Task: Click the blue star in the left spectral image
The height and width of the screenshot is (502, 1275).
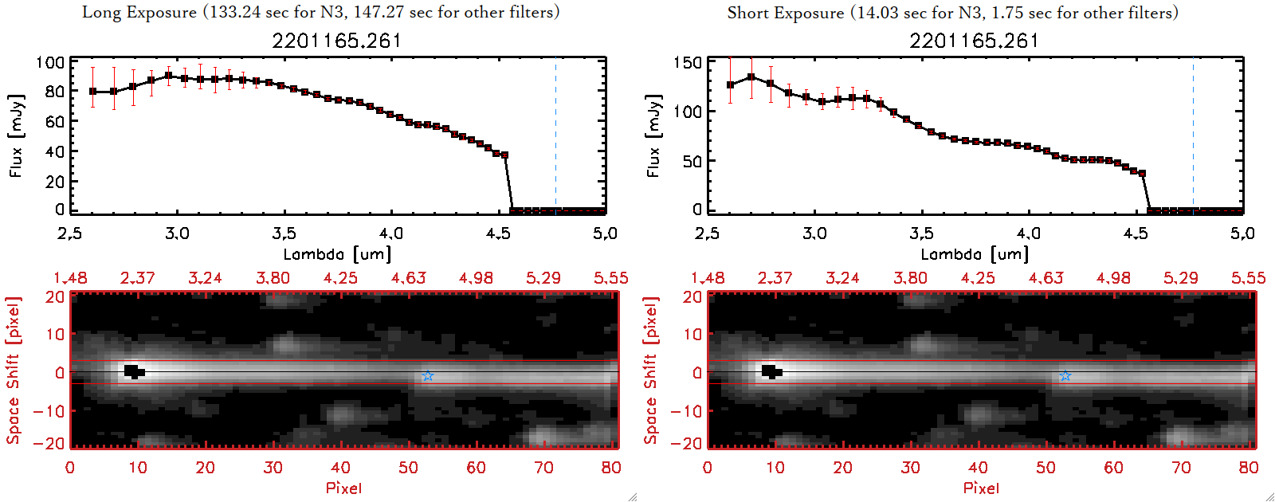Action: pyautogui.click(x=428, y=375)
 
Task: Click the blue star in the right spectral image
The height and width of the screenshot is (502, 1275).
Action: pyautogui.click(x=1065, y=375)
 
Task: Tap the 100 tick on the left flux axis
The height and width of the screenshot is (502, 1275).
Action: pyautogui.click(x=50, y=63)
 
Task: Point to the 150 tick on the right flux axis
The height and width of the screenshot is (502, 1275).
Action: pyautogui.click(x=688, y=63)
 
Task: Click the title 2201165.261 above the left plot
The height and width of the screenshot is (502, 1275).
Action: pyautogui.click(x=336, y=41)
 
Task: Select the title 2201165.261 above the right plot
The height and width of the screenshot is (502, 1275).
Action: pyautogui.click(x=974, y=41)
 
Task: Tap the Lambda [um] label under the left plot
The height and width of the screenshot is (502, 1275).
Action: pyautogui.click(x=337, y=254)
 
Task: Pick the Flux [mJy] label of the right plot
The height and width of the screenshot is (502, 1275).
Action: pyautogui.click(x=654, y=135)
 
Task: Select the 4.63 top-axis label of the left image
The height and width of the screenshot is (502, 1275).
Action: pyautogui.click(x=409, y=278)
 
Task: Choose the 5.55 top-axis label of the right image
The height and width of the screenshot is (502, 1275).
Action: pyautogui.click(x=1248, y=278)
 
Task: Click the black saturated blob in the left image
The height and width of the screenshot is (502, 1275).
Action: pyautogui.click(x=133, y=371)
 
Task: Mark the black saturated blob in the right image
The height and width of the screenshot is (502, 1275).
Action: pyautogui.click(x=771, y=371)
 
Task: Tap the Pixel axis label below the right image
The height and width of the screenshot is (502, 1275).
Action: pyautogui.click(x=981, y=488)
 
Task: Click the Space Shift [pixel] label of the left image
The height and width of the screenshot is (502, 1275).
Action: pyautogui.click(x=13, y=371)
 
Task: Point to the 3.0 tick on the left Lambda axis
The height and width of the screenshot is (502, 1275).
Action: pyautogui.click(x=177, y=233)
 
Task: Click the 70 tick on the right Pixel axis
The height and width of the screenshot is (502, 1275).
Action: pyautogui.click(x=1181, y=468)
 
